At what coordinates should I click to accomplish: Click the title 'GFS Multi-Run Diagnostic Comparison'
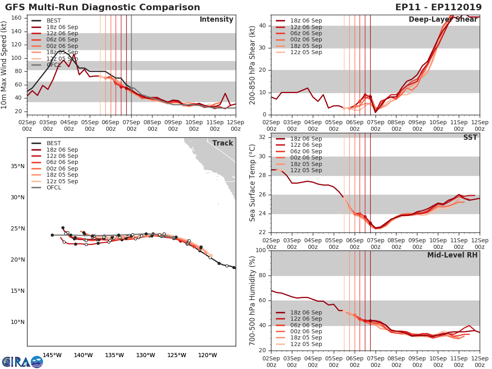pos(102,7)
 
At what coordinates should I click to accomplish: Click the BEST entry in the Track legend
pos(54,143)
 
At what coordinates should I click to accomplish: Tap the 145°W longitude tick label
pos(52,355)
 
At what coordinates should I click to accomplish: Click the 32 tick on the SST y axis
pos(264,137)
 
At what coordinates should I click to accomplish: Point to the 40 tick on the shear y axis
pos(264,26)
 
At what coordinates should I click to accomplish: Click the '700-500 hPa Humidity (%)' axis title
pos(253,300)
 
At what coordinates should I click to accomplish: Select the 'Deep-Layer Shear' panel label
pos(443,20)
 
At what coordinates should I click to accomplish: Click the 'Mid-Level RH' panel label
pos(452,255)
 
